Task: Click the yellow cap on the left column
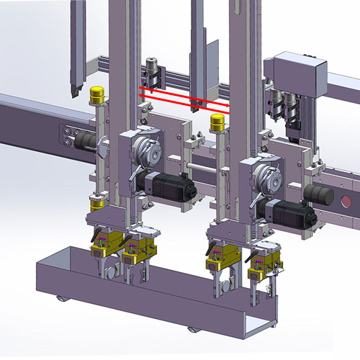(x=96, y=94)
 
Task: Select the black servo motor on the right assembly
(x=291, y=213)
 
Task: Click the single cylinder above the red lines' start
(x=152, y=71)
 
